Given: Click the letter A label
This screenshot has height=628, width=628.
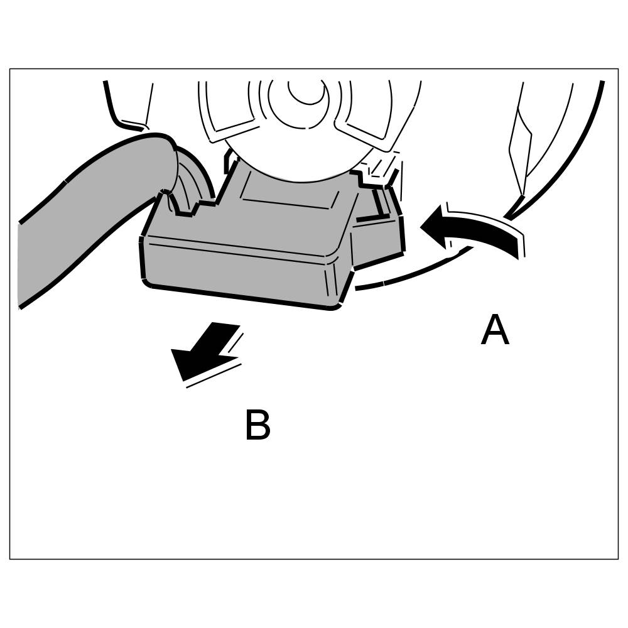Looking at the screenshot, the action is point(494,331).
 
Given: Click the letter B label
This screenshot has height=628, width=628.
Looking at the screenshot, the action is point(257,426).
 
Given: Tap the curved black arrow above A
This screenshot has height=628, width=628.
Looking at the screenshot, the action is point(477,232).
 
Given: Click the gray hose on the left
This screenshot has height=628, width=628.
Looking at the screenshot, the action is point(82,226).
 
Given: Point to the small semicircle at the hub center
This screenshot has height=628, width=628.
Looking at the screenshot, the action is point(306,93).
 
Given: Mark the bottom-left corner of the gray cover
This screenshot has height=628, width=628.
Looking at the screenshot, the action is point(148,283).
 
